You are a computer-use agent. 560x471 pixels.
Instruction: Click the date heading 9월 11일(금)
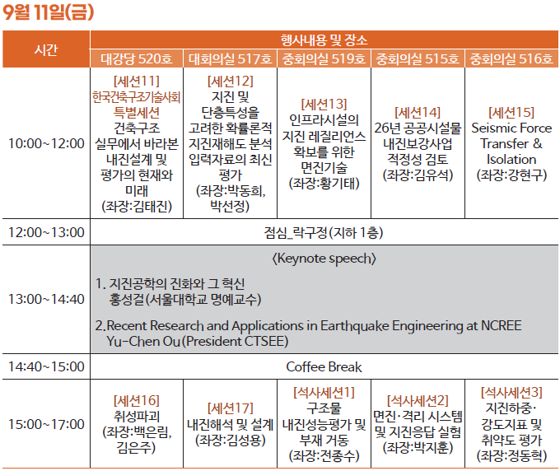(48, 12)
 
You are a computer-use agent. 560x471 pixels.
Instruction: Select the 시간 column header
(46, 49)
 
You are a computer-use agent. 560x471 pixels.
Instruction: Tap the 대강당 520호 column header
(136, 59)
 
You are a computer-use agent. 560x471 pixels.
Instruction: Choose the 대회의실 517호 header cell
(230, 59)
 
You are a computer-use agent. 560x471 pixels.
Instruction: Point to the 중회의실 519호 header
(324, 59)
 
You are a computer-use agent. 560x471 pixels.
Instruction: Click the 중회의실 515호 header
(418, 59)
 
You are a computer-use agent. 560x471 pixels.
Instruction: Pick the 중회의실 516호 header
(511, 59)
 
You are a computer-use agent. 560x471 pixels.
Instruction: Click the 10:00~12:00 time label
(46, 143)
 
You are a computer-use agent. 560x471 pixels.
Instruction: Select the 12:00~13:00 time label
(46, 232)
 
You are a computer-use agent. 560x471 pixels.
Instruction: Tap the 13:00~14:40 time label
(46, 299)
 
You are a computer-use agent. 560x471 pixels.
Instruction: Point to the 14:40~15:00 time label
(46, 366)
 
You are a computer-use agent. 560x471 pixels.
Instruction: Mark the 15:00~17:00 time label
(46, 424)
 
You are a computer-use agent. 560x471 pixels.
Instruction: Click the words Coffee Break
(324, 367)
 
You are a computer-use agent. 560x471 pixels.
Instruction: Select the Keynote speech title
(324, 259)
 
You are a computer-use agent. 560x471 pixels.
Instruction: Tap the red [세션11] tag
(137, 82)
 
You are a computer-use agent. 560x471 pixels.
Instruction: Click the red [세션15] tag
(511, 113)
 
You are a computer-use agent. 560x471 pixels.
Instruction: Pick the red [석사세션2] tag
(418, 401)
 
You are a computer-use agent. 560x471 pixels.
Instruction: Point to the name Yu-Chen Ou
(143, 342)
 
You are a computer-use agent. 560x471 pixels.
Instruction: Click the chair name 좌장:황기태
(324, 184)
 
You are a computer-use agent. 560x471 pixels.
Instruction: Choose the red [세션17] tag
(231, 408)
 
